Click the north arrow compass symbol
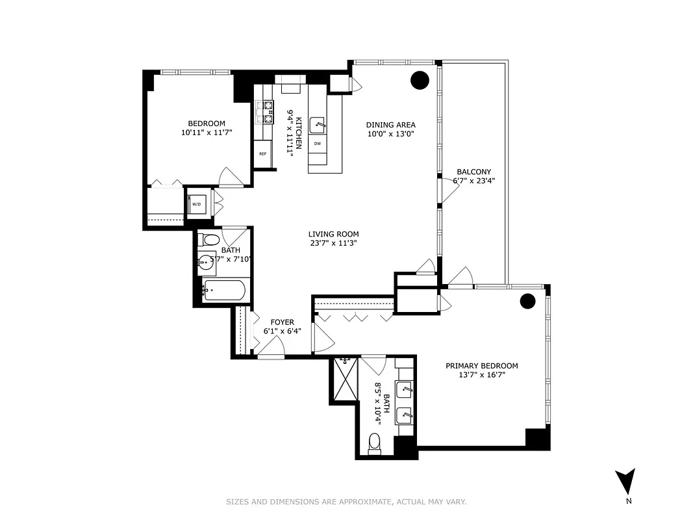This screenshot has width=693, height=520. click(x=625, y=482)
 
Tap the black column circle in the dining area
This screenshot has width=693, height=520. click(x=420, y=80)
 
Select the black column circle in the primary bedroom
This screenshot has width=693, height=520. click(x=527, y=301)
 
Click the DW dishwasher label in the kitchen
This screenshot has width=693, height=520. click(x=318, y=143)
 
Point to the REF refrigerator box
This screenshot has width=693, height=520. click(x=262, y=154)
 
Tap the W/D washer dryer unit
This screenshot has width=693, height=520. click(x=196, y=204)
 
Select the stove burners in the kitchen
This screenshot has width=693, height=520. click(x=266, y=112)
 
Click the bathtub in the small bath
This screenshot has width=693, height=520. click(x=223, y=291)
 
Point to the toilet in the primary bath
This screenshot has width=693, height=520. click(x=374, y=444)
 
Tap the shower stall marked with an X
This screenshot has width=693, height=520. click(x=344, y=380)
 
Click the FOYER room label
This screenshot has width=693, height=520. click(x=283, y=322)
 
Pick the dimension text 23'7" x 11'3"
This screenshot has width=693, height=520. click(x=333, y=243)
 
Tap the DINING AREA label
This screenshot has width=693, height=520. click(x=390, y=125)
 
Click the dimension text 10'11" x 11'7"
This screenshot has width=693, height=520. click(x=207, y=132)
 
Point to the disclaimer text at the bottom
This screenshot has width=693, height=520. click(x=346, y=502)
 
